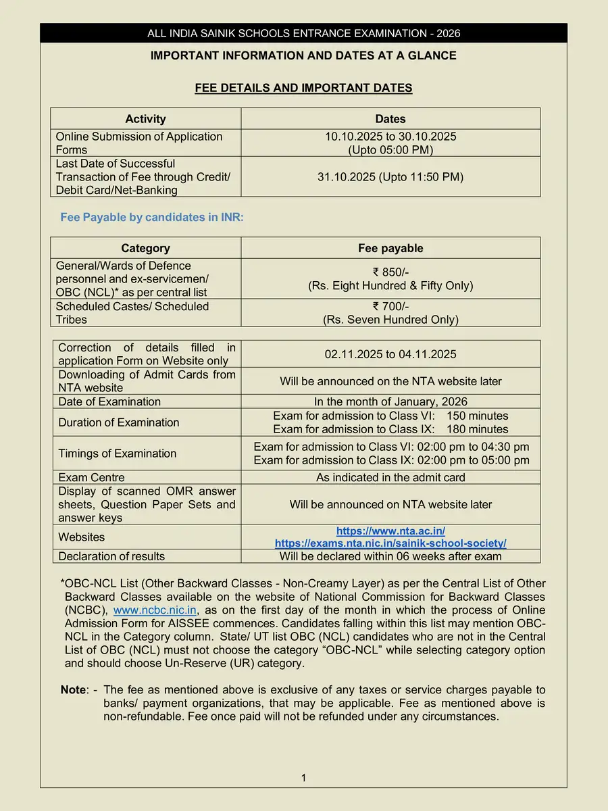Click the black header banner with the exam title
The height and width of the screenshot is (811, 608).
tap(303, 33)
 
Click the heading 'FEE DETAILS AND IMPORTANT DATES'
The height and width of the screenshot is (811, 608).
tap(303, 88)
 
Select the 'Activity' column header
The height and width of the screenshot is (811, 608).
tap(145, 119)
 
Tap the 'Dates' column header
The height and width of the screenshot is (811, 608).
tap(390, 119)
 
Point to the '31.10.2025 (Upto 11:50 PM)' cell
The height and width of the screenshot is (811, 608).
tap(390, 177)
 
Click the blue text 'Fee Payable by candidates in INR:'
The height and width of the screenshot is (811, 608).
tap(152, 218)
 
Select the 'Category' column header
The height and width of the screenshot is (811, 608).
tap(145, 248)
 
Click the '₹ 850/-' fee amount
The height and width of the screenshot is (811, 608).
tap(390, 272)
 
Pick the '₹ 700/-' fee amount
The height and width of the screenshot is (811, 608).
tap(390, 306)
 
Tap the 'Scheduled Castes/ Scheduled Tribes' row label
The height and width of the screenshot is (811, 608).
tap(132, 313)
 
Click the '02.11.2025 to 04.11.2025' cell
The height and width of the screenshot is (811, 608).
tap(390, 354)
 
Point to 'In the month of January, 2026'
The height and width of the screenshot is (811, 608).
tap(390, 401)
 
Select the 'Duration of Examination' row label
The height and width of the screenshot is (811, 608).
tap(119, 422)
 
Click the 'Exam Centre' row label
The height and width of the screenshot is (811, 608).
tap(91, 477)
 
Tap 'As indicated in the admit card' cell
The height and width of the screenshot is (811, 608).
tap(390, 477)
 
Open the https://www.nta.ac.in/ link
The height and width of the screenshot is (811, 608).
tap(390, 531)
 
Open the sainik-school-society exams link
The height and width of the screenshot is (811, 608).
tap(390, 543)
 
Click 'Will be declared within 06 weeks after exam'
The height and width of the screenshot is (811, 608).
tap(390, 556)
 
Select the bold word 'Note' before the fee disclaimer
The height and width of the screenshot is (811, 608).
tap(74, 690)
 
